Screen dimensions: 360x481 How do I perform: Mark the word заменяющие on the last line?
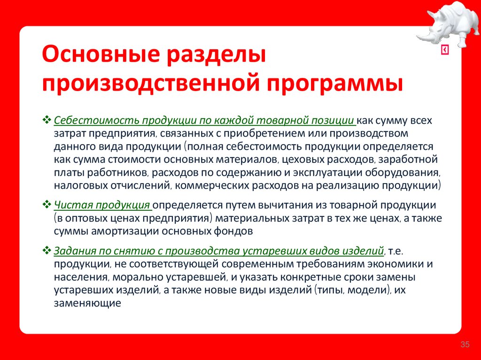88,303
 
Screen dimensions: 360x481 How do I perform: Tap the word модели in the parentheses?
369,290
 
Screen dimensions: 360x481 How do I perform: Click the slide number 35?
465,345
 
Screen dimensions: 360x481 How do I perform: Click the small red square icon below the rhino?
445,51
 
